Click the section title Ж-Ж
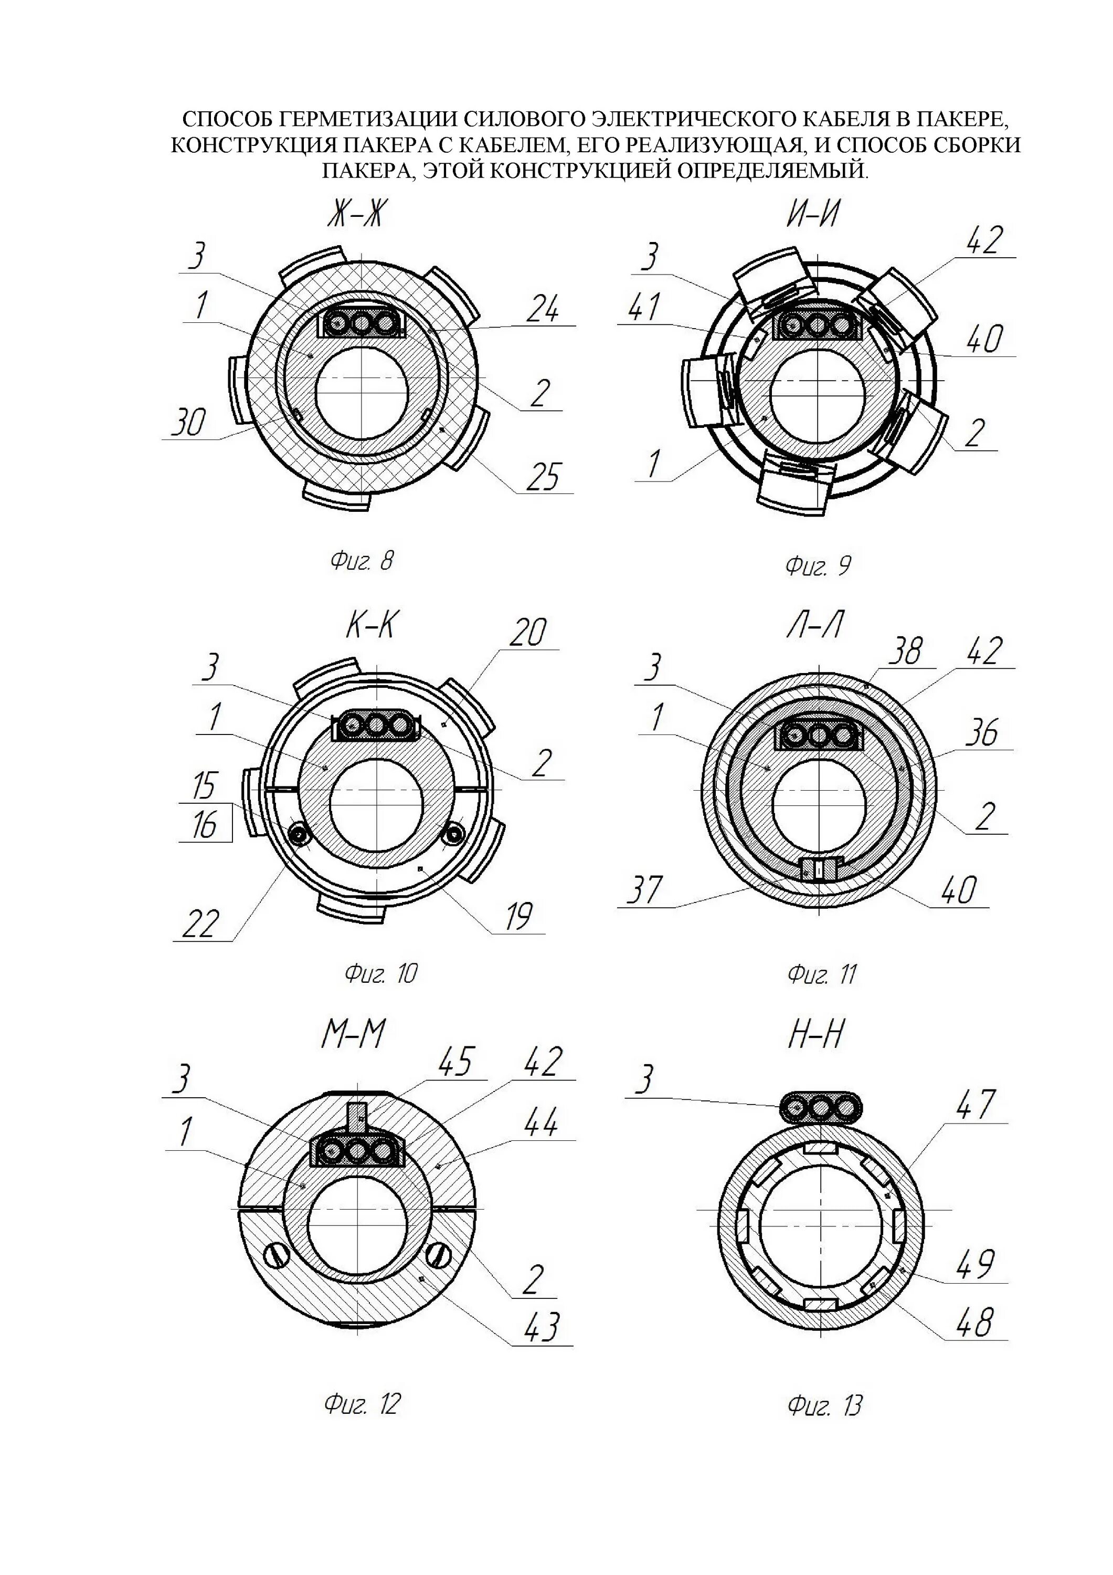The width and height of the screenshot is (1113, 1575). [353, 216]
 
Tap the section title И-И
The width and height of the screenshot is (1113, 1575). [813, 216]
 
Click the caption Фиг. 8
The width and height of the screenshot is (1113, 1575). [362, 562]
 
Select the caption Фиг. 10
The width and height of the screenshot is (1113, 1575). [380, 973]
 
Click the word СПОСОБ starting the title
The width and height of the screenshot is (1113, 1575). [228, 119]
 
